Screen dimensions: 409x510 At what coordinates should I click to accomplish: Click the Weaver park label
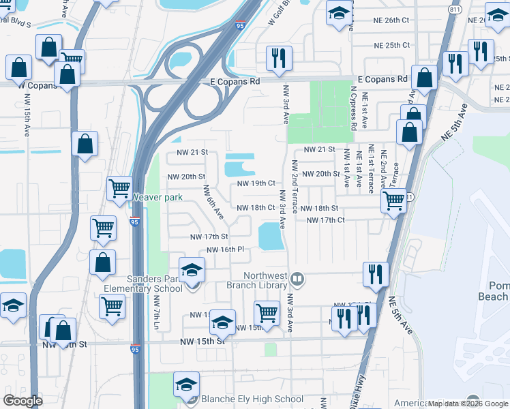(157, 197)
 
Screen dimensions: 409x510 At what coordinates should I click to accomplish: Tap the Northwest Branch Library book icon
(297, 278)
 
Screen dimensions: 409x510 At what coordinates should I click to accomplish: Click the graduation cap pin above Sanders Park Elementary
(192, 270)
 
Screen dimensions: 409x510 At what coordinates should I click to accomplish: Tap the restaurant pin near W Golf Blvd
(278, 59)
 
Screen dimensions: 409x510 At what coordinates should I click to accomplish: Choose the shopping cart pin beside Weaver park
(120, 187)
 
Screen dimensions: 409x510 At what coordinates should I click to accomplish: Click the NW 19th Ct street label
(256, 183)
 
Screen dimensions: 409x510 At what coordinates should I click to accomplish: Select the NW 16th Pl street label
(225, 249)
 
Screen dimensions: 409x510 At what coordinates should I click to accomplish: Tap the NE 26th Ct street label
(391, 20)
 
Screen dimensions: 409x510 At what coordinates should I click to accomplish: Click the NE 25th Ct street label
(391, 46)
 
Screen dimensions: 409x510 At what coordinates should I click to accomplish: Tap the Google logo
(22, 401)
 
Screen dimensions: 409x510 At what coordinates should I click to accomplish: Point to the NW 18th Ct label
(255, 208)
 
